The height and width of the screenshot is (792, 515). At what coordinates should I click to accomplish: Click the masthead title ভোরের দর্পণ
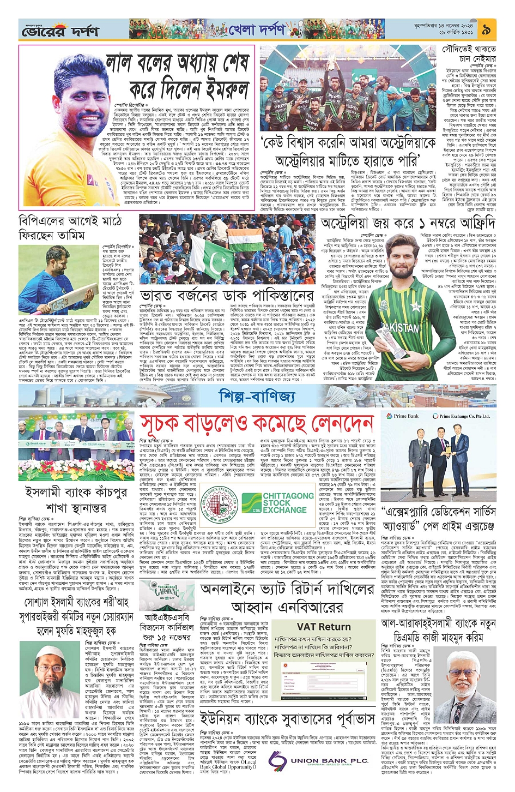[x=60, y=32]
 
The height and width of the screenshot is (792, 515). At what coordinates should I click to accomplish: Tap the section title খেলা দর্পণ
[x=256, y=29]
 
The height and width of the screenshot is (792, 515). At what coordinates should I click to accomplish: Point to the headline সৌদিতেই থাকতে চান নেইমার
[x=469, y=53]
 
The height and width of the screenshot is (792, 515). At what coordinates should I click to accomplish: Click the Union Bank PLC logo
[x=319, y=760]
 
